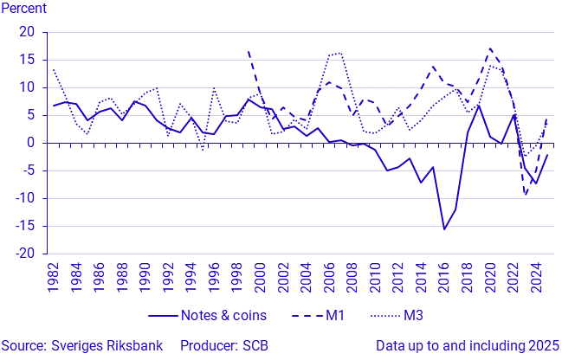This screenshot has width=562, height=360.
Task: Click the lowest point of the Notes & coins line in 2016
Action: pyautogui.click(x=444, y=229)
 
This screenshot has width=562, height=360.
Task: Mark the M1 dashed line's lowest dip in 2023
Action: pyautogui.click(x=525, y=195)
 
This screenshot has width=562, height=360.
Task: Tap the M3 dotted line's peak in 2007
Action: pyautogui.click(x=340, y=53)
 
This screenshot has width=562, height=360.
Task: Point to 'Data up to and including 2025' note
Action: pyautogui.click(x=467, y=346)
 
